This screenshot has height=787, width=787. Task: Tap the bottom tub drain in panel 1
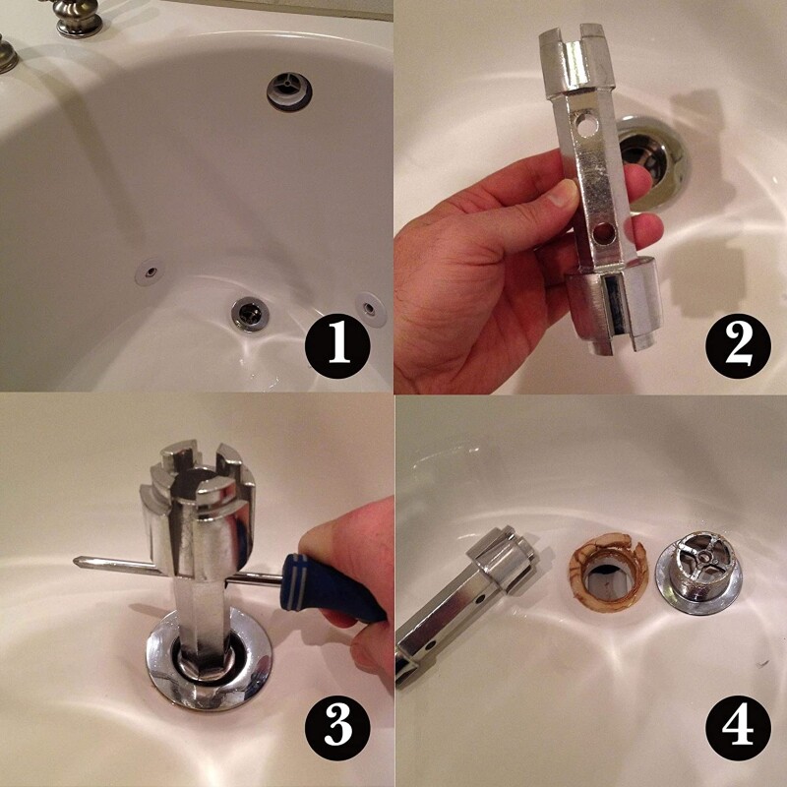(247, 315)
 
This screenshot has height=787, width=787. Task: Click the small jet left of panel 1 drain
(149, 268)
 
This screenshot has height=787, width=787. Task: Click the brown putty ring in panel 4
(604, 572)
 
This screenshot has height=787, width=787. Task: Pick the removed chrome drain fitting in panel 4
(698, 575)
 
